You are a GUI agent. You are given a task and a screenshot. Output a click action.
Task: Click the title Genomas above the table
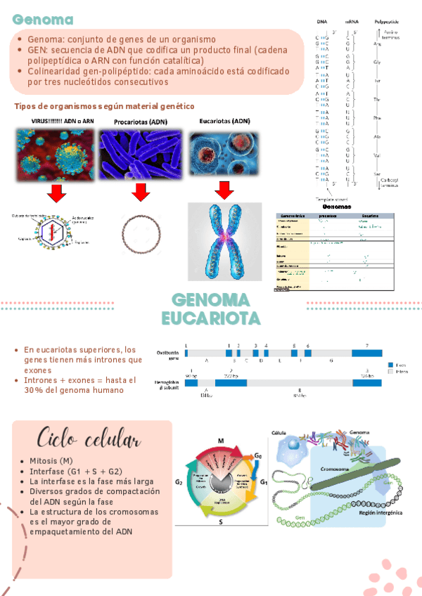(x=335, y=207)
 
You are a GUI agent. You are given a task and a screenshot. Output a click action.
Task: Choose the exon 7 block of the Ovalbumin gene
(x=366, y=356)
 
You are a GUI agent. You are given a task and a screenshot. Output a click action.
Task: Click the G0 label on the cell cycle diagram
(x=258, y=456)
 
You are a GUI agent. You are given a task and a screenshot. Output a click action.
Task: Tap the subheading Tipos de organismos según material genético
(x=103, y=105)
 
